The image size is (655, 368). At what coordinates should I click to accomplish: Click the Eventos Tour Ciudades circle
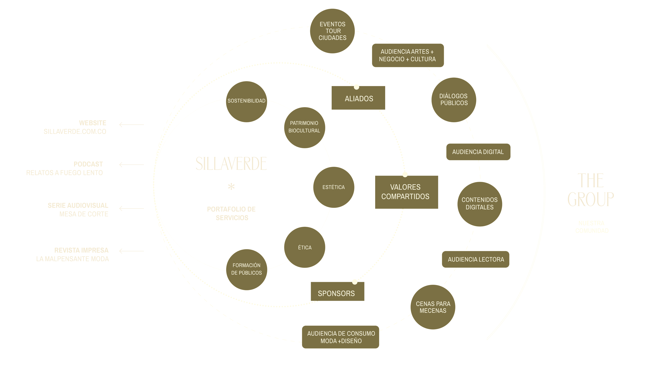click(x=332, y=31)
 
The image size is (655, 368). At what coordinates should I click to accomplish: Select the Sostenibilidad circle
click(x=247, y=102)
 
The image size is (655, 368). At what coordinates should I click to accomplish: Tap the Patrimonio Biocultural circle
click(x=304, y=127)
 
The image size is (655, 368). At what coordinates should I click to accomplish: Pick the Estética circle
click(x=334, y=187)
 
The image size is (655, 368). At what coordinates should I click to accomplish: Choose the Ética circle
click(x=305, y=247)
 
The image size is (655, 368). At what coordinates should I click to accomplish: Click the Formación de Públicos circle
click(x=247, y=269)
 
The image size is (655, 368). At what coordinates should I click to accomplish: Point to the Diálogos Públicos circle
click(x=454, y=100)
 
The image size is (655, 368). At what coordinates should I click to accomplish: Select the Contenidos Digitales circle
click(x=479, y=204)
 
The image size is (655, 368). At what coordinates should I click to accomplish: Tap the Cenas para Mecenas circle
click(x=433, y=307)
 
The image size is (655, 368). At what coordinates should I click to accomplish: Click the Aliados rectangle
click(x=358, y=98)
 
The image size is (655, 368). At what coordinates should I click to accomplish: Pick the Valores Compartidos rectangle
click(x=406, y=192)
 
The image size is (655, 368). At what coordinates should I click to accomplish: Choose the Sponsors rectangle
click(x=337, y=292)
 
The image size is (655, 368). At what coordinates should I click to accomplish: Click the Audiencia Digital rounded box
click(x=478, y=152)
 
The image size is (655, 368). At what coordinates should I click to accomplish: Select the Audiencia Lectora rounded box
click(x=476, y=259)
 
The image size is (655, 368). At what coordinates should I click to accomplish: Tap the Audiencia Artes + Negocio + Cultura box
click(x=408, y=55)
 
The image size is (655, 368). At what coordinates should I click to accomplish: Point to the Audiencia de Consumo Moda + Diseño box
click(x=341, y=337)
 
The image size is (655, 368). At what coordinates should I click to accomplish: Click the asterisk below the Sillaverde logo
click(x=231, y=187)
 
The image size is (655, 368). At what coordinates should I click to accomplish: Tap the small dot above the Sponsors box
click(x=354, y=282)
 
